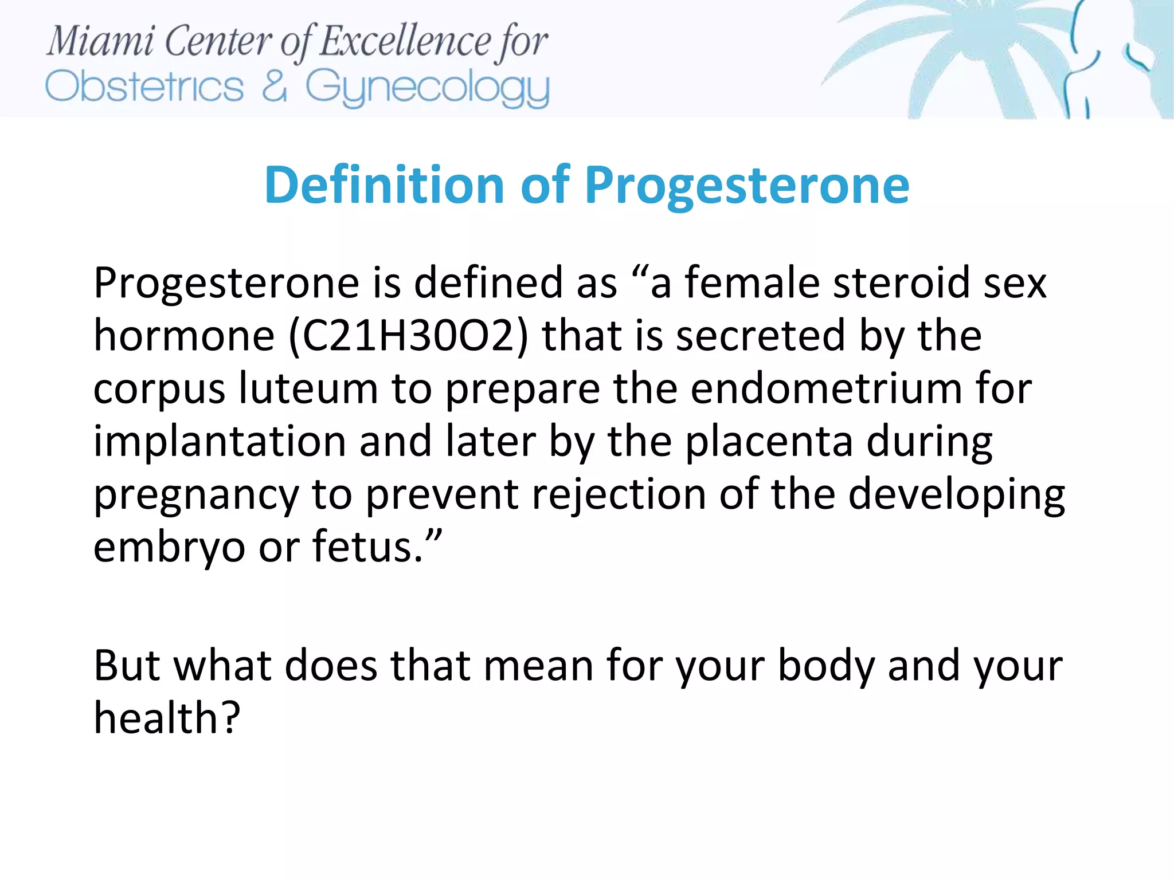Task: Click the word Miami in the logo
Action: point(100,41)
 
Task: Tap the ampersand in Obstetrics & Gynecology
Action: point(274,87)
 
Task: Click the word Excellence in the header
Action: point(405,41)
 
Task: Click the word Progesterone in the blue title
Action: point(746,186)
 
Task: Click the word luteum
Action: point(308,388)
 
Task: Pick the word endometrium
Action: point(826,388)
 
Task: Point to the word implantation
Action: point(220,442)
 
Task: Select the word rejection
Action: point(619,494)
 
